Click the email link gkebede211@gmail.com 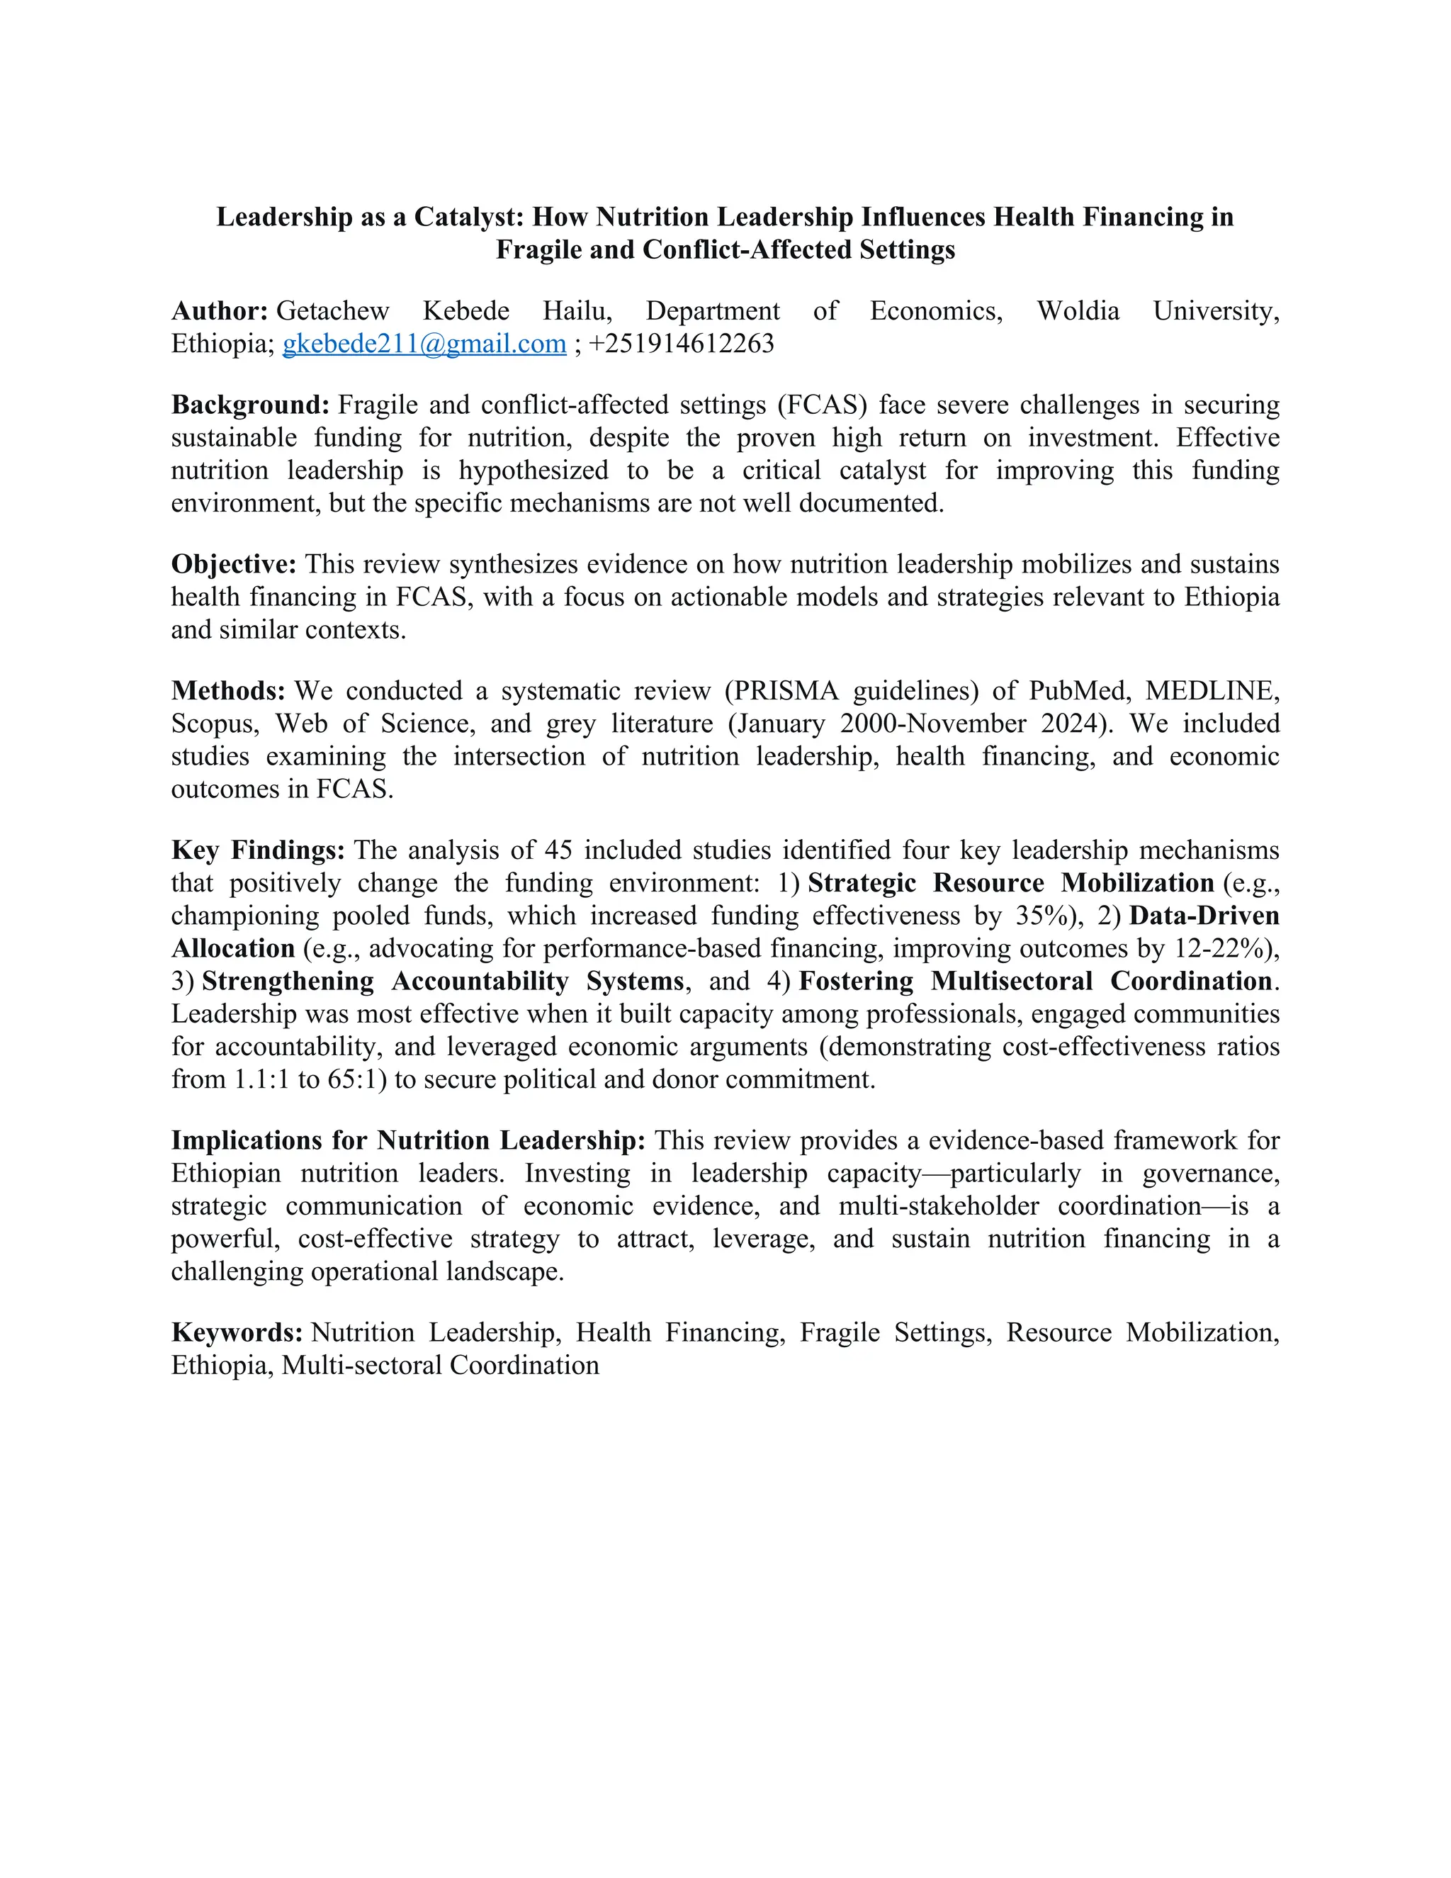coord(424,344)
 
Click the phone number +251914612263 coord(682,344)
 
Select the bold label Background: coord(250,405)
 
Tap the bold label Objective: coord(234,565)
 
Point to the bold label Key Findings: coord(258,850)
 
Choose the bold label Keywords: coord(237,1333)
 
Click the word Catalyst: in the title coord(469,217)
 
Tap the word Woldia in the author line coord(1078,311)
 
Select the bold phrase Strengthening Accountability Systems coord(443,981)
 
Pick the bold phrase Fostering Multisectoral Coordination coord(1036,981)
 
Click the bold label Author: coord(220,311)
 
